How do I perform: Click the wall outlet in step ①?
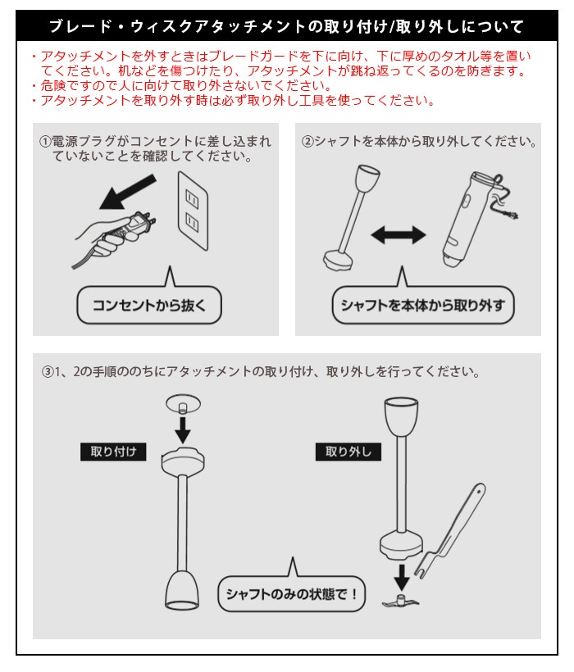(x=193, y=211)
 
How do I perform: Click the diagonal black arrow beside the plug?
(x=127, y=192)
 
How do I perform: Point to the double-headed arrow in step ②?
(x=399, y=235)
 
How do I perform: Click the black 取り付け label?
(x=113, y=452)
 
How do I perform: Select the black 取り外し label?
(x=348, y=452)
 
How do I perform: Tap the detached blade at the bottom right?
(x=400, y=601)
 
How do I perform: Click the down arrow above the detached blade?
(x=402, y=577)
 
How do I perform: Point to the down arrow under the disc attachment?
(x=183, y=430)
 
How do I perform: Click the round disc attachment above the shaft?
(x=183, y=404)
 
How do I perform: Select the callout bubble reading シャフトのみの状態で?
(x=291, y=593)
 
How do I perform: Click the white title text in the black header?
(x=286, y=26)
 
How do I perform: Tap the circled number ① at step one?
(x=45, y=142)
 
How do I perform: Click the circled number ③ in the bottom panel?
(x=48, y=371)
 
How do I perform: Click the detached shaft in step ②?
(x=352, y=218)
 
